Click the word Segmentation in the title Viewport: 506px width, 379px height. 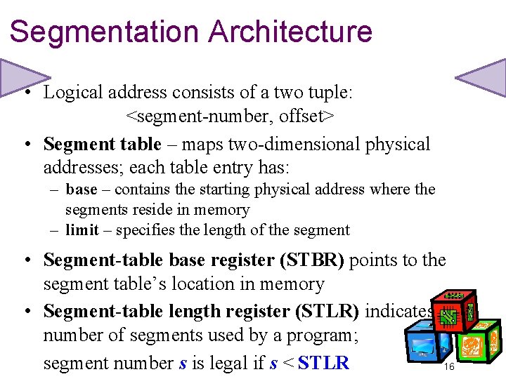[104, 32]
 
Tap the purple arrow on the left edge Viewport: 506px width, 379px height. [21, 77]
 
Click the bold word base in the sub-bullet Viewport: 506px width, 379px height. [82, 189]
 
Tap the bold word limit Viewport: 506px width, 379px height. [82, 230]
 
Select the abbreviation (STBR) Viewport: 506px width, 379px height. [312, 260]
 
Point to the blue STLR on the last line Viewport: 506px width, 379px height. [323, 364]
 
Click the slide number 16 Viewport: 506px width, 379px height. [449, 367]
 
